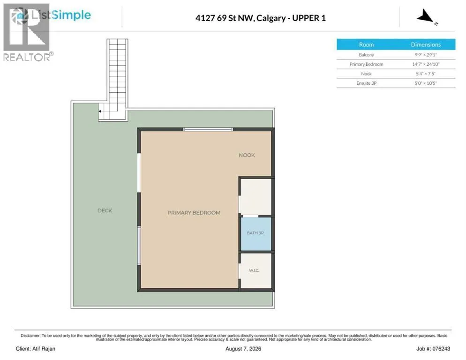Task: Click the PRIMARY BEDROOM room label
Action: pos(194,213)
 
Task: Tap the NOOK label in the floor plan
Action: pos(247,155)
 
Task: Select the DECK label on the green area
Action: pos(105,210)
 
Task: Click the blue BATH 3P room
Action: pos(256,234)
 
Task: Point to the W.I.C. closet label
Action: pos(254,270)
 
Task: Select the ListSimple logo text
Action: pos(61,15)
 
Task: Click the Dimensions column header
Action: pos(426,45)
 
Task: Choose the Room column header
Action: pos(366,45)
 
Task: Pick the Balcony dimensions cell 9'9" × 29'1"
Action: pos(426,55)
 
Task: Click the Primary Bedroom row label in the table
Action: pos(366,64)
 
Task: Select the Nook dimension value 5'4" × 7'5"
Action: pos(426,74)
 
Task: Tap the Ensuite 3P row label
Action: pos(366,83)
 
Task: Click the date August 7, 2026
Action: pos(243,349)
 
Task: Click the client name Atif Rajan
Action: pos(44,349)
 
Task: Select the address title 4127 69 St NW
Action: pos(225,18)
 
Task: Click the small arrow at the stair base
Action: pos(100,111)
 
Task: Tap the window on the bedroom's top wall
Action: pos(208,129)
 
